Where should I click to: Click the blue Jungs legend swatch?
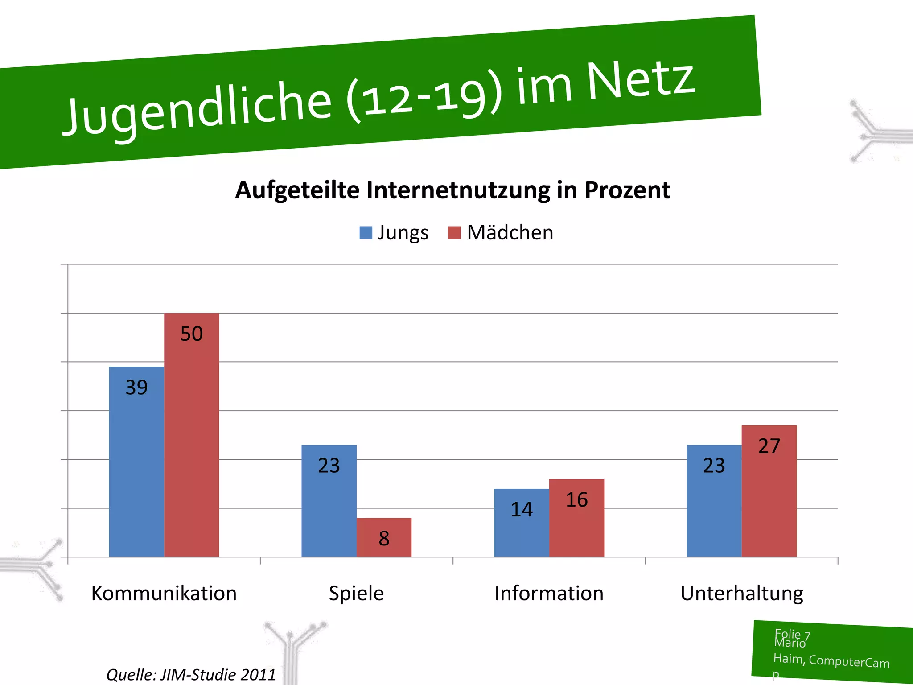click(366, 233)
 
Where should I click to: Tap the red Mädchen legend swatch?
click(454, 233)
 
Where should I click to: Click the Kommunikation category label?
click(164, 594)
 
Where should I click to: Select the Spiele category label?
click(356, 594)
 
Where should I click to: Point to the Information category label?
click(549, 594)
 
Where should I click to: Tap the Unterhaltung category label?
click(741, 594)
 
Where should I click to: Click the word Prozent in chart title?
click(627, 190)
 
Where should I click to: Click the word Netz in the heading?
click(641, 80)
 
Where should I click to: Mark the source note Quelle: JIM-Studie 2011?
click(191, 674)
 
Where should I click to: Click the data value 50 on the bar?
click(191, 334)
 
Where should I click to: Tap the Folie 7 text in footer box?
click(792, 634)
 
